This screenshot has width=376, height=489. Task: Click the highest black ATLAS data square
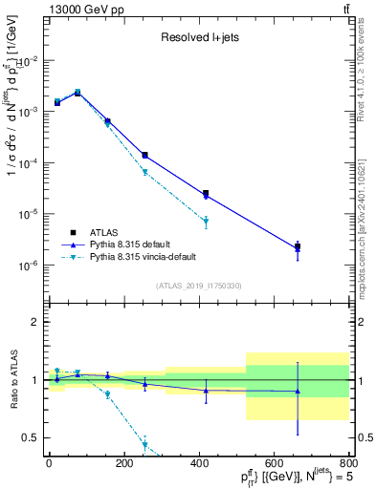pos(77,93)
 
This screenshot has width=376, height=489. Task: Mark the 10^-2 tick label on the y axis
pos(30,60)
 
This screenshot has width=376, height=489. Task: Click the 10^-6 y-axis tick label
pos(30,266)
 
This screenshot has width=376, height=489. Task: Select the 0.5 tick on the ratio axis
pos(32,437)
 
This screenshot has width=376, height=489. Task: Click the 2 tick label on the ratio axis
pos(35,323)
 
